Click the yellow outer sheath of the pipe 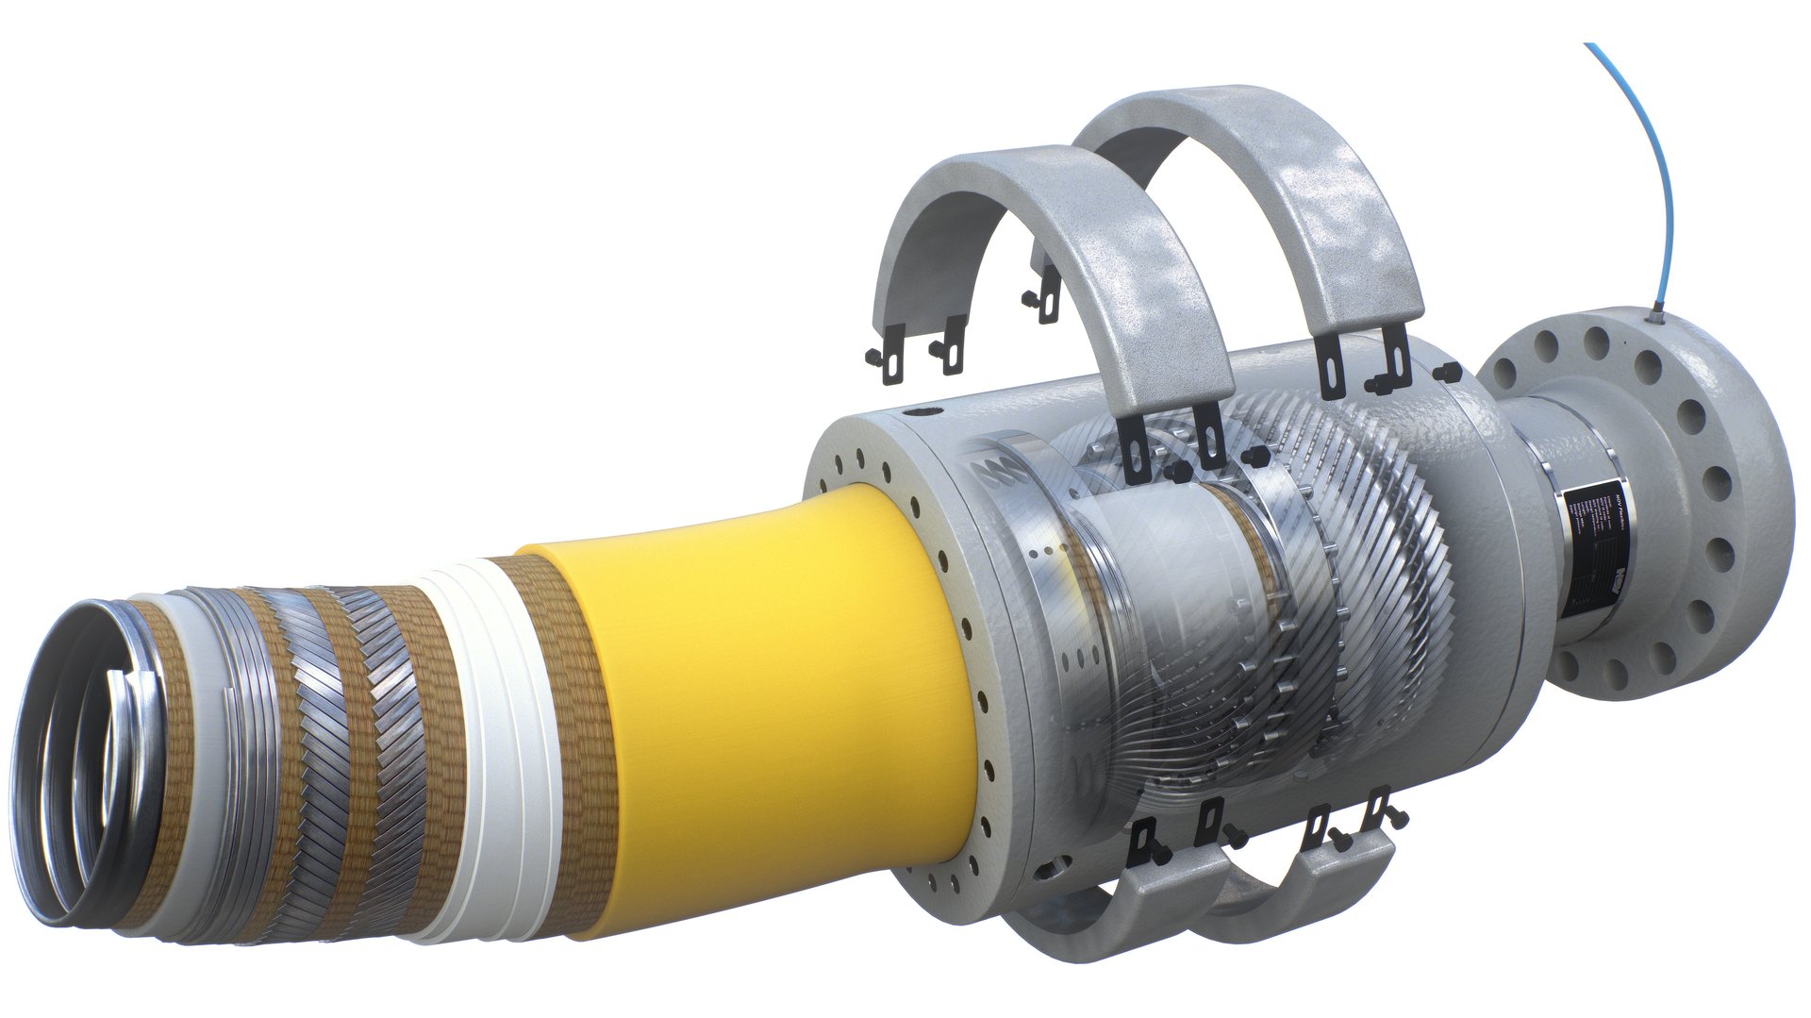pyautogui.click(x=755, y=698)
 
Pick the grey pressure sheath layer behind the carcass pyautogui.click(x=208, y=755)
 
